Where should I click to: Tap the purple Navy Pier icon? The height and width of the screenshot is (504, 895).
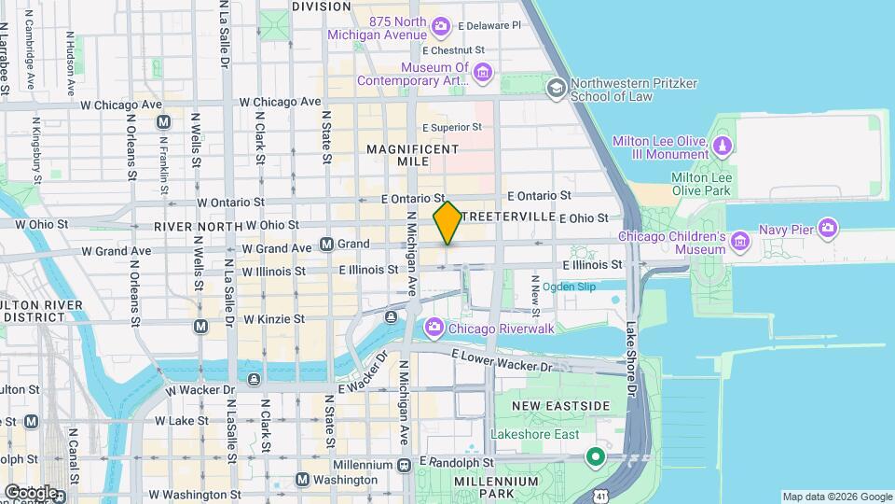click(x=830, y=227)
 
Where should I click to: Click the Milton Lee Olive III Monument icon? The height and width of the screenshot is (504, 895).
click(x=723, y=147)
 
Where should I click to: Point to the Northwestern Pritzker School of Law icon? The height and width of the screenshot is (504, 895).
click(x=557, y=89)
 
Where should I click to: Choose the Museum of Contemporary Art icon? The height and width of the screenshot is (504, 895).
click(x=482, y=73)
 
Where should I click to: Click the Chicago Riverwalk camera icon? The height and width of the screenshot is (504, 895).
click(x=434, y=328)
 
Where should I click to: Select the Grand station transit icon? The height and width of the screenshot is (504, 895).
click(x=327, y=244)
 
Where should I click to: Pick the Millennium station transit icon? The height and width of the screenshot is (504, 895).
click(x=405, y=464)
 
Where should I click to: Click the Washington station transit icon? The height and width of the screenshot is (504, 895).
click(x=302, y=479)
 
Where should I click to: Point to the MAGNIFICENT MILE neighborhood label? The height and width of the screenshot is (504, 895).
click(x=412, y=155)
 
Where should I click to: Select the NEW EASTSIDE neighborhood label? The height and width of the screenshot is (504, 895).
click(x=560, y=406)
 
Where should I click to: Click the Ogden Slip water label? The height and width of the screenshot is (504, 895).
click(x=569, y=287)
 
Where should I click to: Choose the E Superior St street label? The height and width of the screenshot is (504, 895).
click(x=452, y=127)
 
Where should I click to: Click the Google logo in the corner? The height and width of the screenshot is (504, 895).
click(x=31, y=492)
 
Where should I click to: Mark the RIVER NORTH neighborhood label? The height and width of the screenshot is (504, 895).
click(x=192, y=226)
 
